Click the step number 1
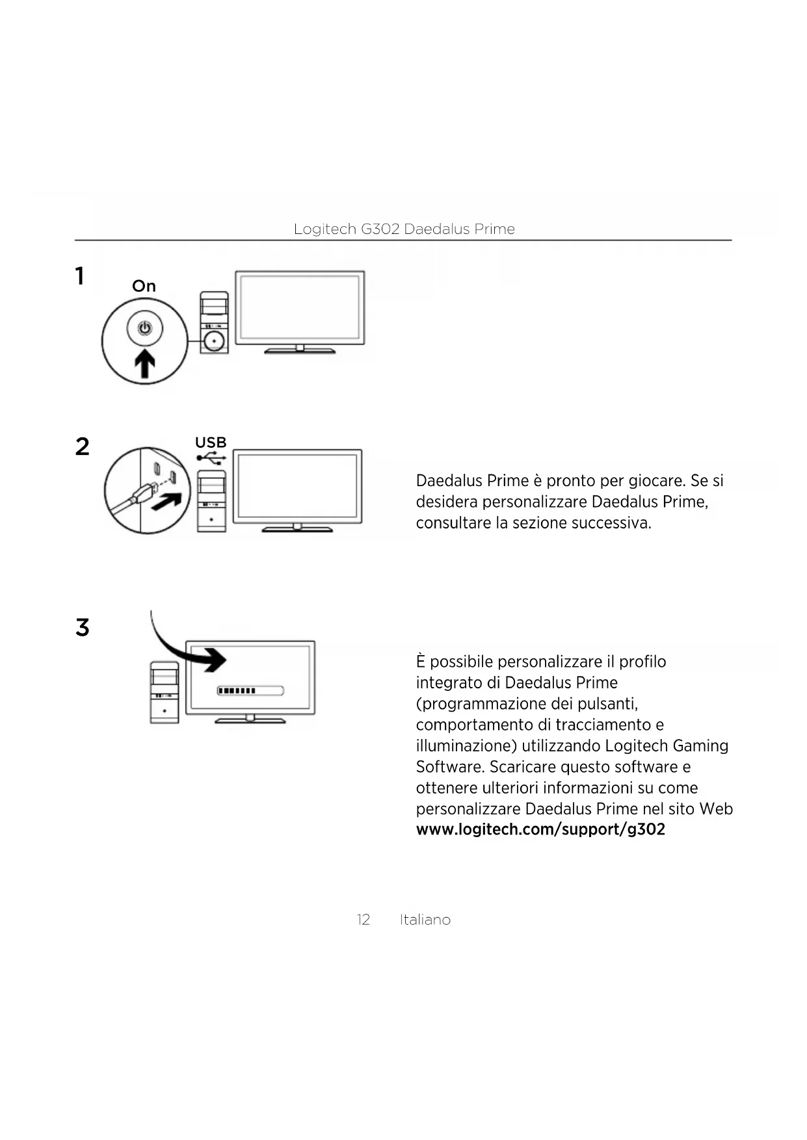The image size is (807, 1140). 79,276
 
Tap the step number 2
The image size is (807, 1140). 82,447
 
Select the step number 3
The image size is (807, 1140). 82,628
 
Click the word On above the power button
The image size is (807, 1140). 144,286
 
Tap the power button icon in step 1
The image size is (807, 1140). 144,328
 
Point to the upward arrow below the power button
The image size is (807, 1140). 144,363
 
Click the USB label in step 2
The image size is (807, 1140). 211,443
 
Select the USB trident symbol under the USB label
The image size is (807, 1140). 211,458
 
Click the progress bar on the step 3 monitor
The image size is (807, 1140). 250,690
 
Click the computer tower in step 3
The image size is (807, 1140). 165,692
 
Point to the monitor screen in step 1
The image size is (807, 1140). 300,307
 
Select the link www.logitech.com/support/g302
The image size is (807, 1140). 540,829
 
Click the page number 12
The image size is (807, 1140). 363,920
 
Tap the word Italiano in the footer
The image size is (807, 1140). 425,920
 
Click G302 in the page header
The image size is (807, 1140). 380,229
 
